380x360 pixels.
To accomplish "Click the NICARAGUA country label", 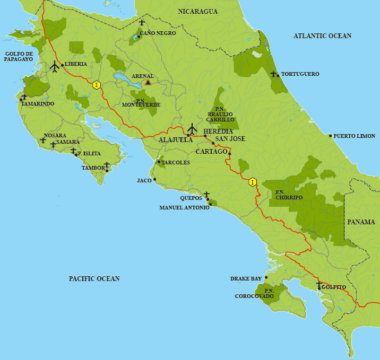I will click(198, 12).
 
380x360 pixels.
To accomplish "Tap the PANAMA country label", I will click(361, 222).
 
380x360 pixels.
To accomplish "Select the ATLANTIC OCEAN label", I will click(323, 36).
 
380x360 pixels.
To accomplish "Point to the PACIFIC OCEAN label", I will click(94, 278).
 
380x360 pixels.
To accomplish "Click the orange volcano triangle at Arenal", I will click(148, 82).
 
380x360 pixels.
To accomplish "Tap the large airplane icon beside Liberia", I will click(54, 67).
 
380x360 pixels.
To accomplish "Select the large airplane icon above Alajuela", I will click(192, 128).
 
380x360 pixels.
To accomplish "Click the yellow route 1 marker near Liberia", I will click(96, 85).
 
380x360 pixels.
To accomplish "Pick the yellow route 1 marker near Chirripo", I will click(253, 182).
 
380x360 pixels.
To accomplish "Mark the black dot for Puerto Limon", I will click(330, 136).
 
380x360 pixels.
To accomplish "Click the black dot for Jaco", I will click(155, 180).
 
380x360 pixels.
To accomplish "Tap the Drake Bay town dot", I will click(266, 277).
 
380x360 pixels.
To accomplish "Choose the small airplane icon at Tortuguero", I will click(273, 74).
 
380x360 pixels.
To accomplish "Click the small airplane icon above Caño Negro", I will click(142, 23).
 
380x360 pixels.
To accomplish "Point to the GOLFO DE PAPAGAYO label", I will click(19, 57).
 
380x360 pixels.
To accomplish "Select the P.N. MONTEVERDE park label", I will click(141, 102).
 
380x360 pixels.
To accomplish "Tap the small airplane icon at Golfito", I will click(318, 285).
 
